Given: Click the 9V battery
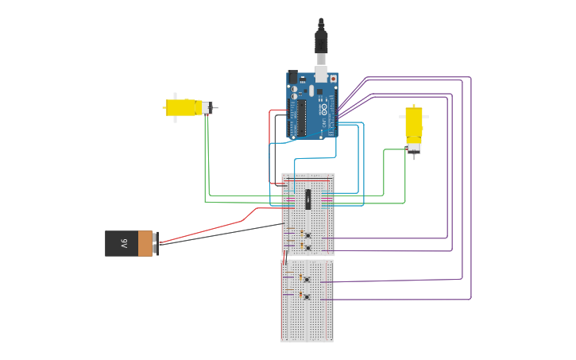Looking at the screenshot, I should click(131, 243).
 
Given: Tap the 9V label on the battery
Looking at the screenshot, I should click(123, 243).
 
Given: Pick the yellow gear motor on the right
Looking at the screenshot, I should click(414, 125).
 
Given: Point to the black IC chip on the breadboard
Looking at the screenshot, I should click(307, 199).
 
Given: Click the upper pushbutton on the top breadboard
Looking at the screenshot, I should click(307, 234).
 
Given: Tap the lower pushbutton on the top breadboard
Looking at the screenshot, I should click(307, 248).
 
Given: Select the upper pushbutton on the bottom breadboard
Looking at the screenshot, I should click(307, 279).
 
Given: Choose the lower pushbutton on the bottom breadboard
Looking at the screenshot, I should click(307, 296).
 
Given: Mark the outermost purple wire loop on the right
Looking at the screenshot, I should click(471, 191).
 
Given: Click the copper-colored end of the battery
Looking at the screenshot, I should click(145, 243).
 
